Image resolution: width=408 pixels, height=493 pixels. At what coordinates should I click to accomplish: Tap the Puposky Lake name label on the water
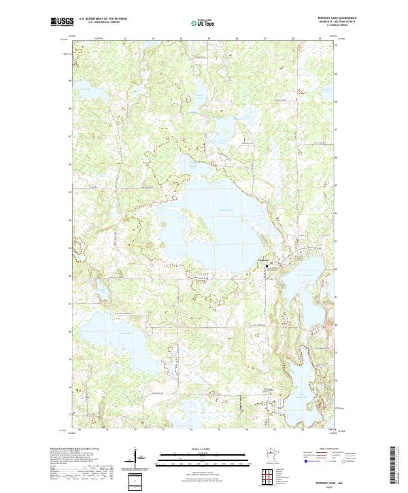coord(226,211)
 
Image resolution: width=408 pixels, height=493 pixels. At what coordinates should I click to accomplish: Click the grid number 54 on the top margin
coord(182,39)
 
